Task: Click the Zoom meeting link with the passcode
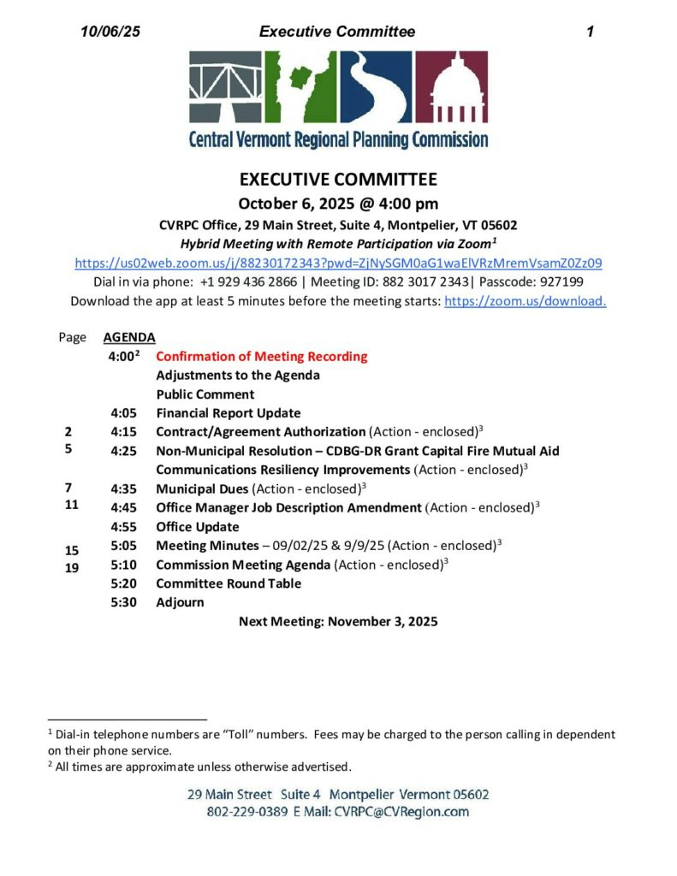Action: [338, 263]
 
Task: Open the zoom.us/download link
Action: [526, 300]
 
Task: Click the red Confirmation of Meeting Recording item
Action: [261, 356]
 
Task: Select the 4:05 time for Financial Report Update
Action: [124, 413]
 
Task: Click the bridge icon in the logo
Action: [226, 87]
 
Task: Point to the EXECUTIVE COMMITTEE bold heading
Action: [338, 180]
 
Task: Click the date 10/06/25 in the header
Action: [110, 32]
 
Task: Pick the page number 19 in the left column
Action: [72, 566]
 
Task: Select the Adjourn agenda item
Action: [180, 602]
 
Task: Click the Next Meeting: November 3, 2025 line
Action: [338, 621]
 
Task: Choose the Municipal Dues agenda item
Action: [203, 488]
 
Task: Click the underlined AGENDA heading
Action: [128, 337]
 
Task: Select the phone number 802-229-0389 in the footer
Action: [247, 812]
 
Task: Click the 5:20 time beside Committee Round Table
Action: [124, 583]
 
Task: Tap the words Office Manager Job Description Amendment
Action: [288, 507]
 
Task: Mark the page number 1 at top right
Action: [590, 32]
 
